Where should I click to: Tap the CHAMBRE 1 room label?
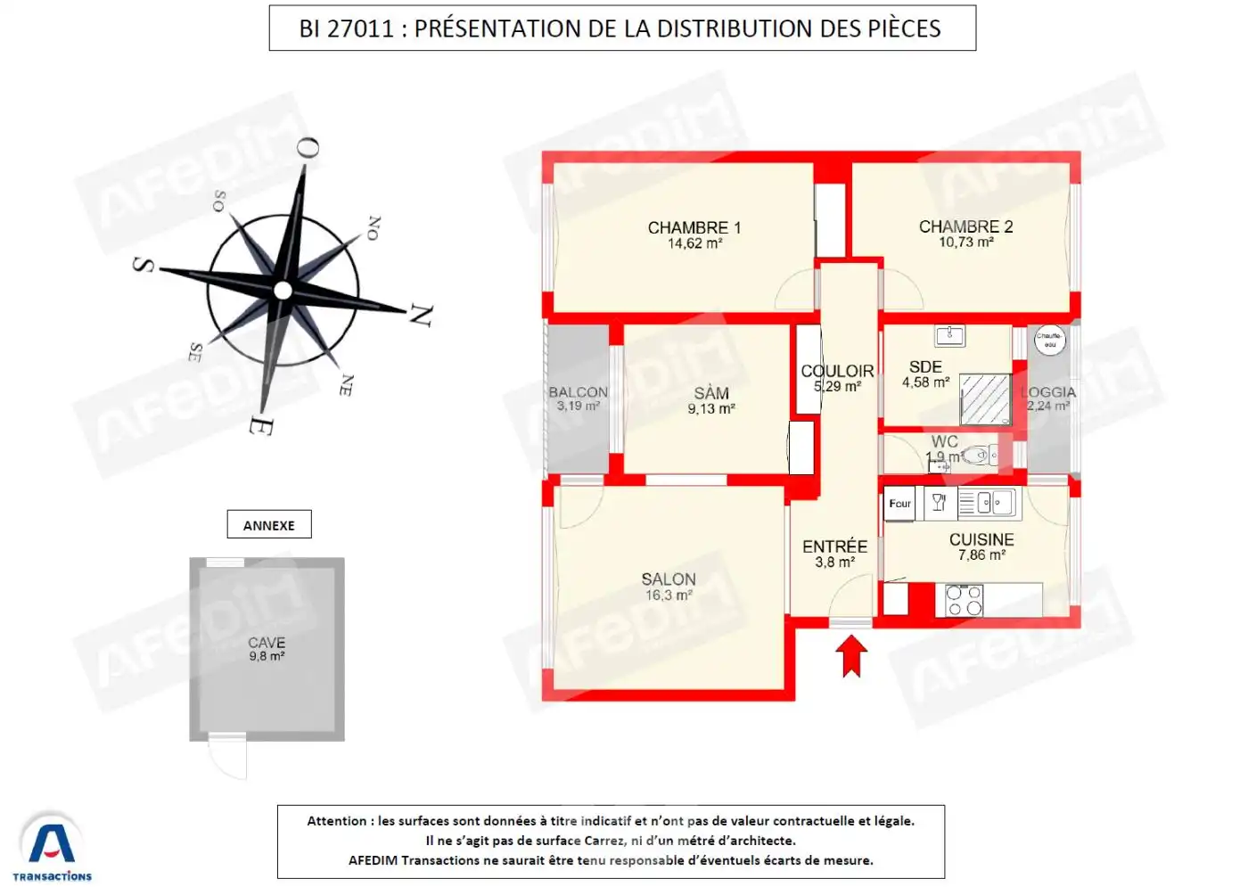[x=694, y=227]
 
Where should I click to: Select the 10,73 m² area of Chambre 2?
[x=965, y=242]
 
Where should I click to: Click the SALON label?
[x=669, y=579]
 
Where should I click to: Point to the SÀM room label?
[x=711, y=393]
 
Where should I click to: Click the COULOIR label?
[x=837, y=371]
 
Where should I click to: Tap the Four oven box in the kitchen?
[x=899, y=504]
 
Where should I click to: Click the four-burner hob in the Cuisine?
[x=964, y=600]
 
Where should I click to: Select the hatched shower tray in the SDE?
[x=985, y=399]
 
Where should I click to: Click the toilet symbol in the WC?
[x=981, y=456]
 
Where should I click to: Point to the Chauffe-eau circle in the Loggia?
[x=1049, y=340]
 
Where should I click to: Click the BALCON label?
[x=578, y=392]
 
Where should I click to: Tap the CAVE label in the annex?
[x=267, y=643]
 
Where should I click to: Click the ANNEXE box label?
[x=269, y=525]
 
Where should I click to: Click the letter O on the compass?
[x=307, y=148]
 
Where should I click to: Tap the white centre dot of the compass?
[x=283, y=290]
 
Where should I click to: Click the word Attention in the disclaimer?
[x=336, y=821]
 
